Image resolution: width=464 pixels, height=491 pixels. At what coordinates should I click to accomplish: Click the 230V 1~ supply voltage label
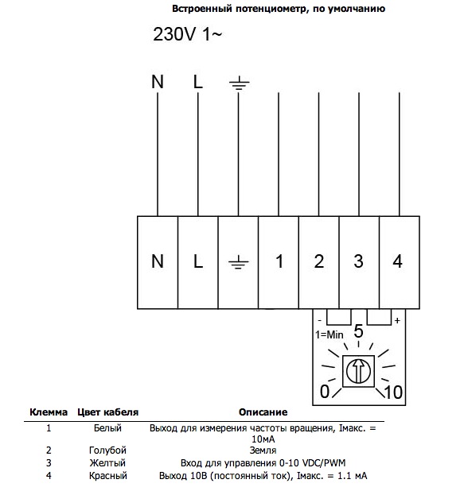(187, 34)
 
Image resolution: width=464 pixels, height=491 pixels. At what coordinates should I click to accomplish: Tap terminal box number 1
(279, 262)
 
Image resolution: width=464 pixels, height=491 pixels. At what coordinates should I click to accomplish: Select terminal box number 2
(318, 262)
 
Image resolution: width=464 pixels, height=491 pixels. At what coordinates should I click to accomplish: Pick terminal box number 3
(359, 262)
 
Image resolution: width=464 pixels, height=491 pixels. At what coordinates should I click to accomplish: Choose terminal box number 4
(400, 262)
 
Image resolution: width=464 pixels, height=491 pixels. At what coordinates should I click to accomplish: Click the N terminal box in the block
(158, 262)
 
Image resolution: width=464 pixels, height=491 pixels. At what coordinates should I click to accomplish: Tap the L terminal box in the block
(197, 262)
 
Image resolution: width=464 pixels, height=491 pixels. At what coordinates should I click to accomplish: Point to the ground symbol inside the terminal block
(239, 262)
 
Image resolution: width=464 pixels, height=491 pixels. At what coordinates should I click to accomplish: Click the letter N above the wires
(158, 82)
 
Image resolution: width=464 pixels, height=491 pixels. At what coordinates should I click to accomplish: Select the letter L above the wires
(198, 82)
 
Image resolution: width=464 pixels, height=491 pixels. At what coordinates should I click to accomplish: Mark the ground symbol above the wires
(239, 83)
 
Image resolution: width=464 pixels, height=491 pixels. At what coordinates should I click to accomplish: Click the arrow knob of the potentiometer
(358, 371)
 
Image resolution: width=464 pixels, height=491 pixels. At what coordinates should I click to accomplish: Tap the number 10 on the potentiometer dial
(393, 392)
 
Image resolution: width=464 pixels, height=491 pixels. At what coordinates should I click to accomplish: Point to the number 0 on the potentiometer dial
(325, 392)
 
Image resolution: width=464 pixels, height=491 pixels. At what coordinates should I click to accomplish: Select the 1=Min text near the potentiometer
(329, 334)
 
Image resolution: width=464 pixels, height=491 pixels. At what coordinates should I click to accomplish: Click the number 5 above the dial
(358, 331)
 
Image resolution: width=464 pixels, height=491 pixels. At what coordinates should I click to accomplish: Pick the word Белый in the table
(107, 428)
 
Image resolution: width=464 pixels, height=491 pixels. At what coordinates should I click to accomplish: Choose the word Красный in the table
(108, 476)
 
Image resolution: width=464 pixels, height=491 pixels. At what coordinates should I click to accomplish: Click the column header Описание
(263, 412)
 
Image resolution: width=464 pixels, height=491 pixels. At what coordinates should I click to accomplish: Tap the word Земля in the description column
(263, 450)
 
